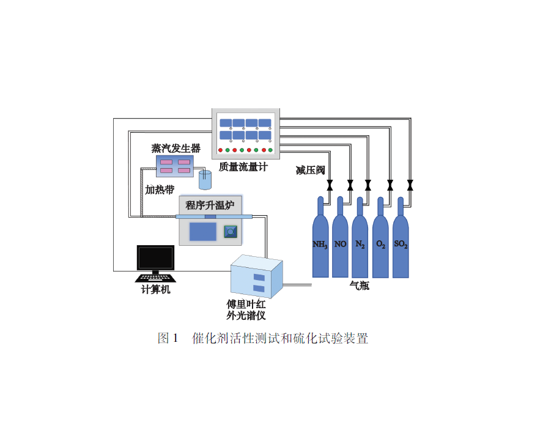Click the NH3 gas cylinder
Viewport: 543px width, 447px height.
(320, 242)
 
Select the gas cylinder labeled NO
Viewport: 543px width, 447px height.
(340, 242)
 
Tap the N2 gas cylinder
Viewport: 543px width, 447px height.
(360, 242)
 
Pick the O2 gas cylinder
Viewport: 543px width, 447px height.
(380, 242)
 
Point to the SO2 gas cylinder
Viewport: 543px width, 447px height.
(401, 242)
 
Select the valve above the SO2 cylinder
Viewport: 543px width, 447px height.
(410, 184)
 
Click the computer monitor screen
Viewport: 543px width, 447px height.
(155, 257)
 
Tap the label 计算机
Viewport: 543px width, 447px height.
(155, 290)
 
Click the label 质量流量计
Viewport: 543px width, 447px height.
(243, 166)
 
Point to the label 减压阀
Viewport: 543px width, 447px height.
(310, 171)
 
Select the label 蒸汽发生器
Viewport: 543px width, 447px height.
(175, 148)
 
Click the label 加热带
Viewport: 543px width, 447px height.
(160, 189)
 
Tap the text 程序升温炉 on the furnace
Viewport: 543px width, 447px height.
(210, 204)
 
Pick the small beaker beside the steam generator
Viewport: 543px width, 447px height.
(204, 180)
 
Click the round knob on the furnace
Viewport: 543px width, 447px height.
(230, 232)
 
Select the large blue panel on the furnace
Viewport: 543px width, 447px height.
(202, 232)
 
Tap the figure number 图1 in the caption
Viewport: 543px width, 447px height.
(167, 338)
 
